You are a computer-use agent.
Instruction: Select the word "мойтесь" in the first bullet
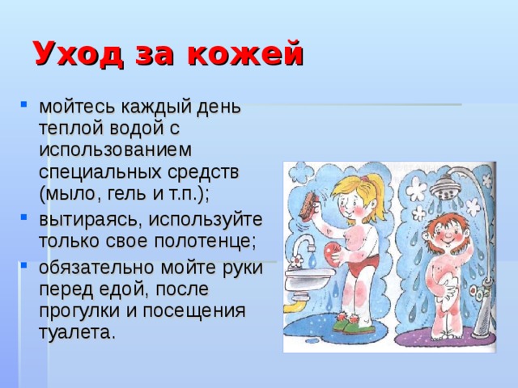(77, 108)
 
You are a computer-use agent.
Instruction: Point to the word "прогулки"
(78, 310)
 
